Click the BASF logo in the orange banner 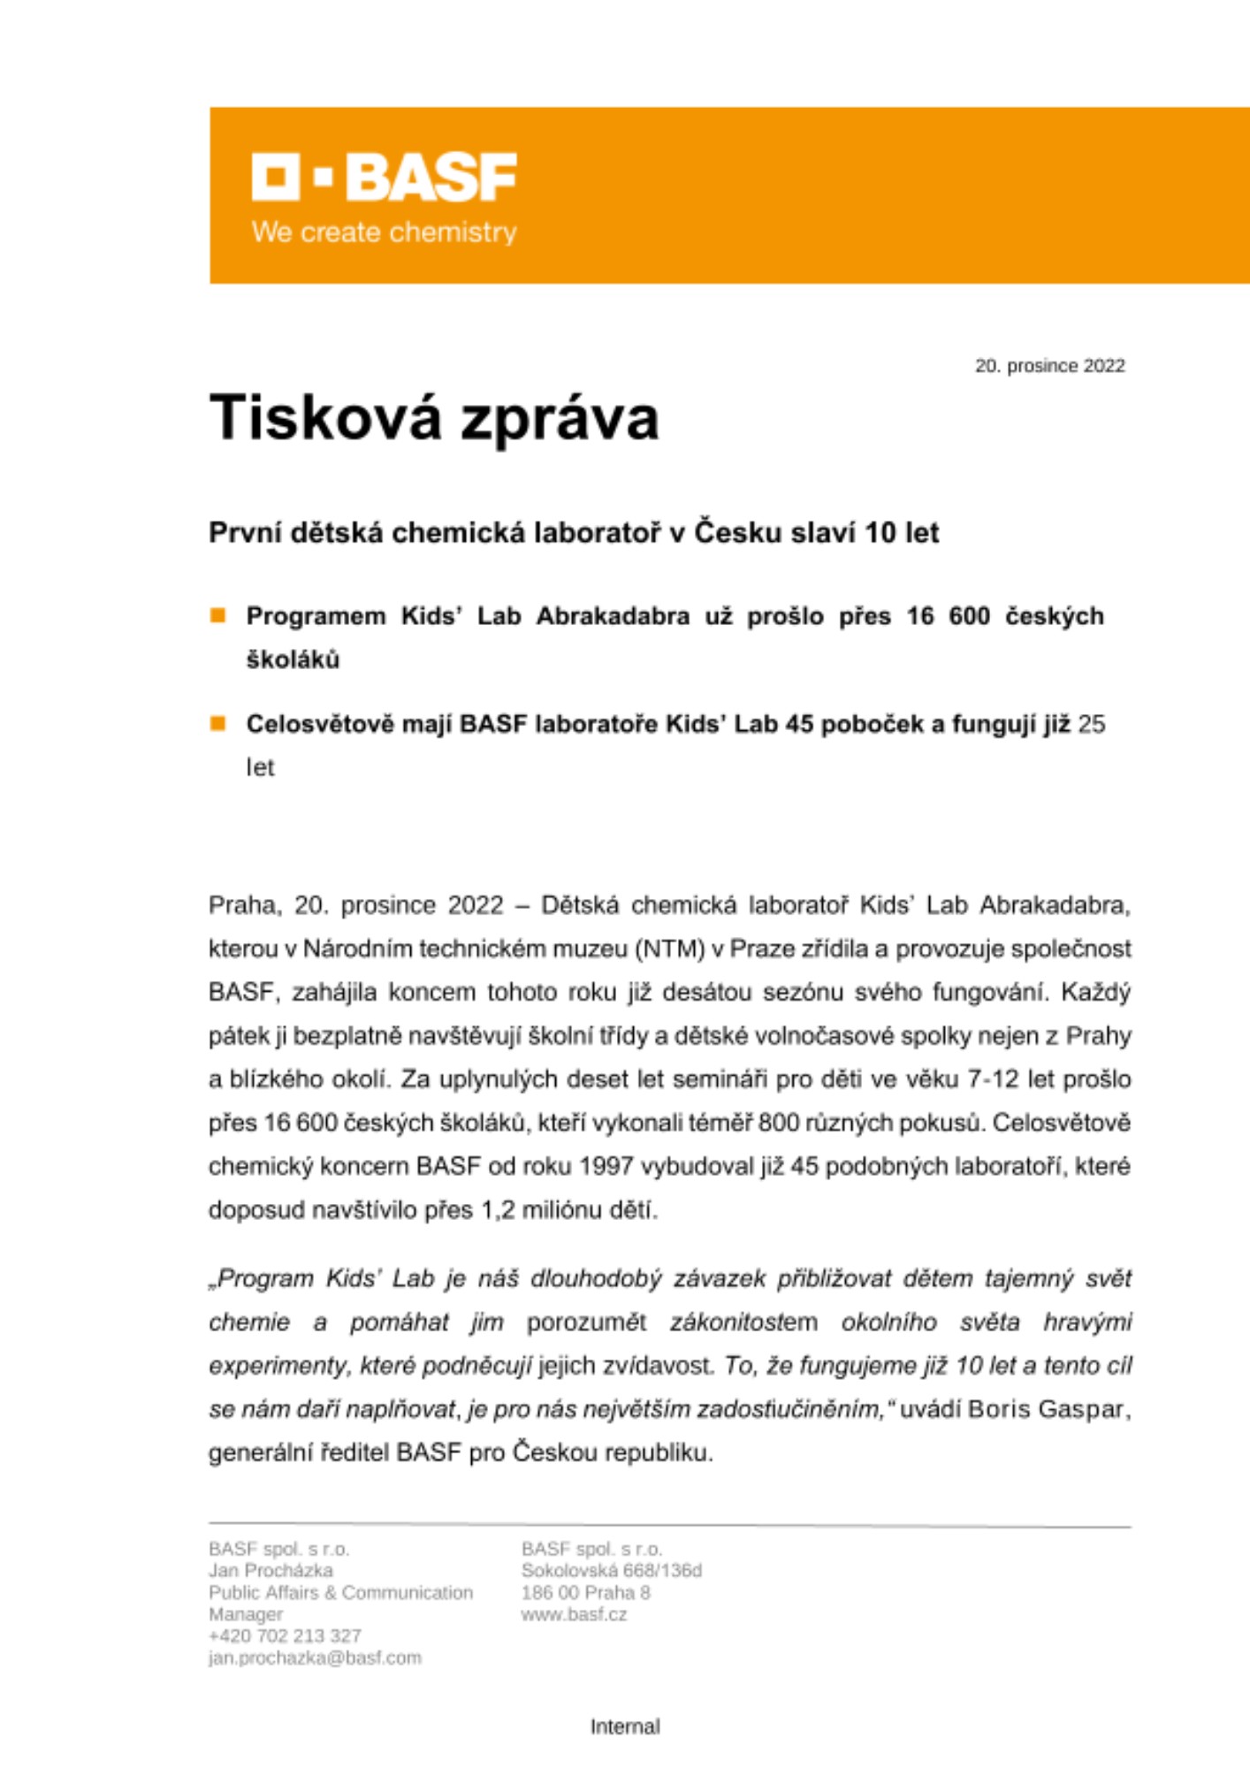[x=384, y=177]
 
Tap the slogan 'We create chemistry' [x=384, y=232]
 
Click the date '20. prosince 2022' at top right [x=1049, y=366]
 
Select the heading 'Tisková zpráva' [x=434, y=417]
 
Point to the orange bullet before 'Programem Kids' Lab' [x=217, y=615]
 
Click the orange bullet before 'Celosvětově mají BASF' [x=217, y=724]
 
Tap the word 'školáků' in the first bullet [x=293, y=659]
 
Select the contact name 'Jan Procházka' [x=271, y=1571]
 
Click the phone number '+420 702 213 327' [x=285, y=1635]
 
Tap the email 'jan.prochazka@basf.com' [x=315, y=1657]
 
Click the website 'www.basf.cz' [x=574, y=1614]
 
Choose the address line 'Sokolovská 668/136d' [x=611, y=1571]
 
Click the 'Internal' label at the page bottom [x=625, y=1726]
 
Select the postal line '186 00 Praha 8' [x=585, y=1593]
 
